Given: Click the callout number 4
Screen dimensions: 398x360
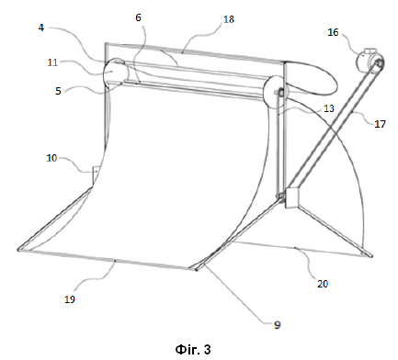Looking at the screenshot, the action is pyautogui.click(x=41, y=28).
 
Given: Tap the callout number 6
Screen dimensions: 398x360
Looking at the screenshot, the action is pyautogui.click(x=138, y=17).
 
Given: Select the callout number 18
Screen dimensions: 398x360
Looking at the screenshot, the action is pyautogui.click(x=229, y=19).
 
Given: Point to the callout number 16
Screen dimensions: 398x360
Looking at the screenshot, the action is pyautogui.click(x=333, y=32).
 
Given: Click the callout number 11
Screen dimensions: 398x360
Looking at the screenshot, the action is pyautogui.click(x=52, y=62).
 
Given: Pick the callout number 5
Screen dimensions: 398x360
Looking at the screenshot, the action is pyautogui.click(x=58, y=91).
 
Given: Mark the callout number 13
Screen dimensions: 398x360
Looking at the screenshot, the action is pyautogui.click(x=329, y=108).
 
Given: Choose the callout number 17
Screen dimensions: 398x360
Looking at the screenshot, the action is pyautogui.click(x=380, y=124).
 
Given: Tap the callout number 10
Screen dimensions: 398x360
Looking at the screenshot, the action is pyautogui.click(x=51, y=158).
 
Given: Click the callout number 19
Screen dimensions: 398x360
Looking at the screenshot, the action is pyautogui.click(x=70, y=299).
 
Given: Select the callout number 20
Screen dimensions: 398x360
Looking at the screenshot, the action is pyautogui.click(x=323, y=284).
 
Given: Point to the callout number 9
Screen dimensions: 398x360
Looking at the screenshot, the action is pyautogui.click(x=277, y=325).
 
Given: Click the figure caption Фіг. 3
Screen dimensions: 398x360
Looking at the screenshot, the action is pyautogui.click(x=193, y=349).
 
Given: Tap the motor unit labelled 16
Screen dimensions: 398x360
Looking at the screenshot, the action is pyautogui.click(x=370, y=61).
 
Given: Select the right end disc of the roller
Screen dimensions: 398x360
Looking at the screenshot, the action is pyautogui.click(x=273, y=92).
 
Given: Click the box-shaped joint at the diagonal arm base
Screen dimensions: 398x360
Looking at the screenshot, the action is pyautogui.click(x=291, y=198).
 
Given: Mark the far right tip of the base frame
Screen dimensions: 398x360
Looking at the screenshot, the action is pyautogui.click(x=371, y=255).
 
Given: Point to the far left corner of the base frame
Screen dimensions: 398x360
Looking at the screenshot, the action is pyautogui.click(x=18, y=250).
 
